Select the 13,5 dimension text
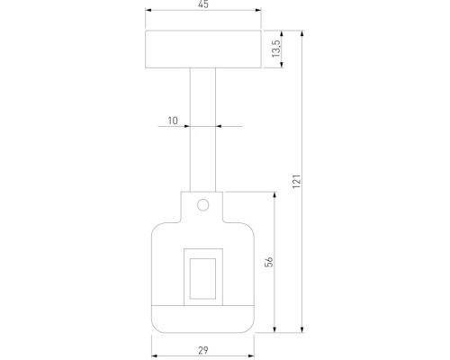tap(276, 48)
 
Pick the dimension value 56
tap(268, 261)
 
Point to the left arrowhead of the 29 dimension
tap(154, 339)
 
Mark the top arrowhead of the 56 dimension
tap(275, 194)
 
